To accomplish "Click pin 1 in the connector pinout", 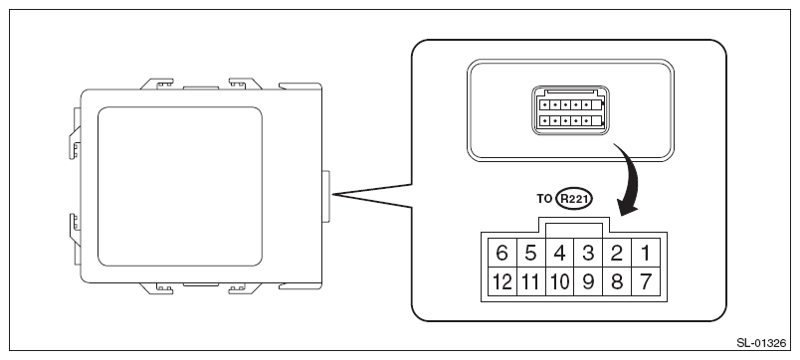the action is (646, 253).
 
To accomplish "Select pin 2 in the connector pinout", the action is (617, 253).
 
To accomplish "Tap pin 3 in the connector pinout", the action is (588, 253).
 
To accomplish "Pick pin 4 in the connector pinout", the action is (559, 253).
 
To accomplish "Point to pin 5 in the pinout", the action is (531, 253).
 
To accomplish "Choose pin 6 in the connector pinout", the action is (502, 253).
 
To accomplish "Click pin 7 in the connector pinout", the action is (646, 281).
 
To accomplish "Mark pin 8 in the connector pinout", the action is (617, 281).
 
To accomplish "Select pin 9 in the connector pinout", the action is (588, 281).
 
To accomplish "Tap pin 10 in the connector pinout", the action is (559, 281).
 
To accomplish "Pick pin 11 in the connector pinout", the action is (531, 281).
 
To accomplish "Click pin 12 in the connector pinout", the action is (502, 281).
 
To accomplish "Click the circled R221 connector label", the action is (572, 198).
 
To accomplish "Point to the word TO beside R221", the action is (544, 198).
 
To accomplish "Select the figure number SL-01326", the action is (762, 343).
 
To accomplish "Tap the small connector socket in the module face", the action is (570, 110).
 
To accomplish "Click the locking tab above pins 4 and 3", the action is (574, 228).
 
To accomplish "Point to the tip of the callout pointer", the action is (332, 194).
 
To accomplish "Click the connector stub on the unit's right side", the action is (325, 196).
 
